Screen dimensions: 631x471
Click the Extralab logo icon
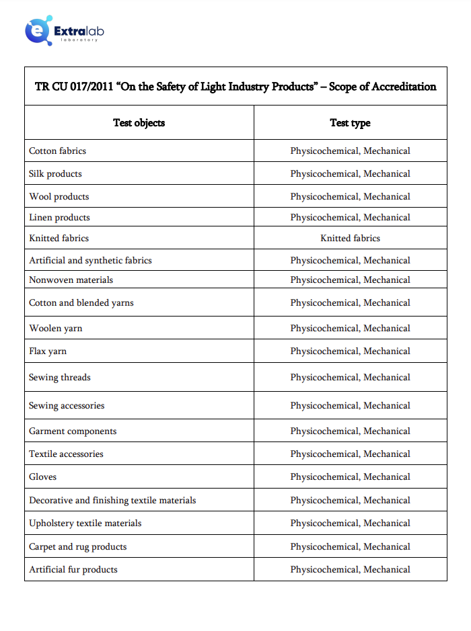[38, 30]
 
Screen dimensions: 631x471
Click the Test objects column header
[139, 122]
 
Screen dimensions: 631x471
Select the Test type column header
[350, 122]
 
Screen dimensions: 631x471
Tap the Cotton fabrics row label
[58, 151]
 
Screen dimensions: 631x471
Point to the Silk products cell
[55, 174]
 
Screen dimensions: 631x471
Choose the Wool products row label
[59, 197]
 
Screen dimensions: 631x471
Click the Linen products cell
[59, 218]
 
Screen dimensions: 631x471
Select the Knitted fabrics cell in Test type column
[350, 239]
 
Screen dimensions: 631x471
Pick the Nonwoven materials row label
[71, 280]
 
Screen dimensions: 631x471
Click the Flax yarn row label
[48, 351]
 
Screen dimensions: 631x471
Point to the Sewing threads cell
[60, 378]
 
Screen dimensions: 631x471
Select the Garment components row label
[73, 431]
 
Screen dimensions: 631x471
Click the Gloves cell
[43, 477]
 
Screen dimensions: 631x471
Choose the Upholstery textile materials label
[85, 523]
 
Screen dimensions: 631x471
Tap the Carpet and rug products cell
[78, 547]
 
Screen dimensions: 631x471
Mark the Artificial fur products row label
[73, 570]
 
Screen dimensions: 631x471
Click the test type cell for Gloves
[350, 477]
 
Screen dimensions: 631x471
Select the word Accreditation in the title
[400, 87]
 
